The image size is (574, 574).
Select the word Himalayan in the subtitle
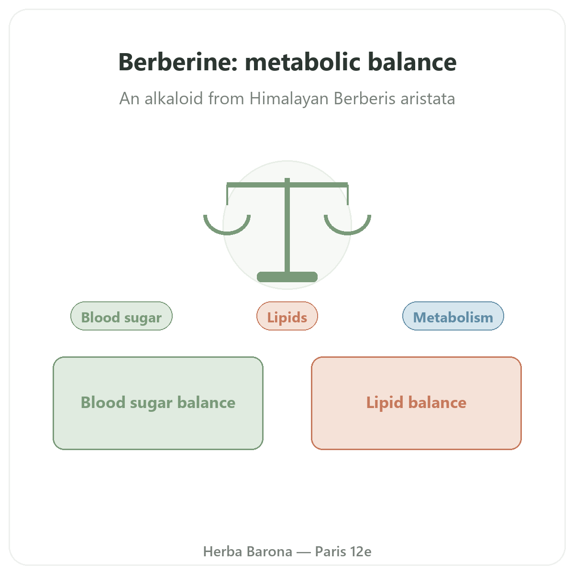[288, 99]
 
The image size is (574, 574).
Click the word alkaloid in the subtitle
[174, 99]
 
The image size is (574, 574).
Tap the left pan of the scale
[227, 225]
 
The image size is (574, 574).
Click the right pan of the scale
[347, 225]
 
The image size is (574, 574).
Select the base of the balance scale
[287, 277]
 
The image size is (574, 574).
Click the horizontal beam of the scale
[287, 185]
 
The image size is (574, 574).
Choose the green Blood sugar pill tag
[121, 316]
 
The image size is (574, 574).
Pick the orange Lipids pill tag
[287, 316]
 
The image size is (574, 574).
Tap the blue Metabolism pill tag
[453, 316]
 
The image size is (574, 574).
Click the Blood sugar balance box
[158, 403]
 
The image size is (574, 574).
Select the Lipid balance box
[416, 403]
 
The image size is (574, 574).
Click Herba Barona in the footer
[247, 552]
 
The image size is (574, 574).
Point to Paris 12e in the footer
[343, 552]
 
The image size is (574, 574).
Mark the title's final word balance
[412, 62]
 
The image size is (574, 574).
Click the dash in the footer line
[304, 552]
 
